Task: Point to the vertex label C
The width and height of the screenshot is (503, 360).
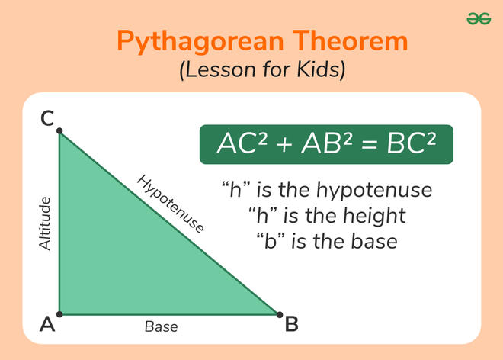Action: (47, 118)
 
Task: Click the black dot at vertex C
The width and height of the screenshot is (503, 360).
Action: (59, 131)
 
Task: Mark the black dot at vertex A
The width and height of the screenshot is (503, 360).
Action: (59, 313)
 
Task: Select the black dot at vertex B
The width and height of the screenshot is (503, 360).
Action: (279, 313)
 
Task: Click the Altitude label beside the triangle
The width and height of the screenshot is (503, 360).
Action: (45, 223)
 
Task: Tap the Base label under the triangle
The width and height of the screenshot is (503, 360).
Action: (161, 327)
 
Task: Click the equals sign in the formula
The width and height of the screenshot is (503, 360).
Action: (365, 144)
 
